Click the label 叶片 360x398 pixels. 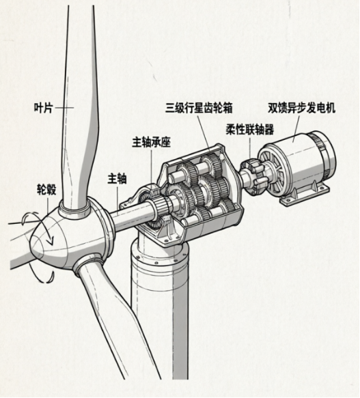(44, 108)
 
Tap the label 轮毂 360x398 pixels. (46, 189)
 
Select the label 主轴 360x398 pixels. (117, 179)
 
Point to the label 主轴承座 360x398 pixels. (151, 142)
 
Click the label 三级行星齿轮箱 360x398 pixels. (199, 108)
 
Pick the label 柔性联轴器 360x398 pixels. (250, 130)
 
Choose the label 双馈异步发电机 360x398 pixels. (301, 108)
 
